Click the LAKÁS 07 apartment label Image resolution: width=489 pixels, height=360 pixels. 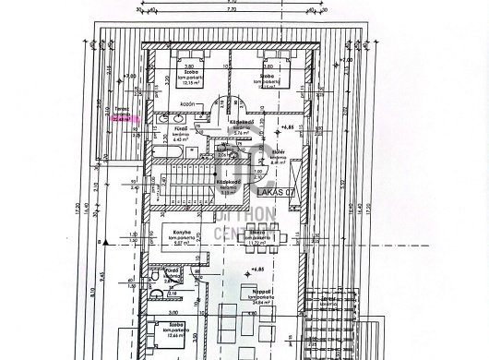(277, 192)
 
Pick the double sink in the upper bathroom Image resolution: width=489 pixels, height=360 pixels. (167, 118)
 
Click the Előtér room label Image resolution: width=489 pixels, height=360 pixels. (278, 151)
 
